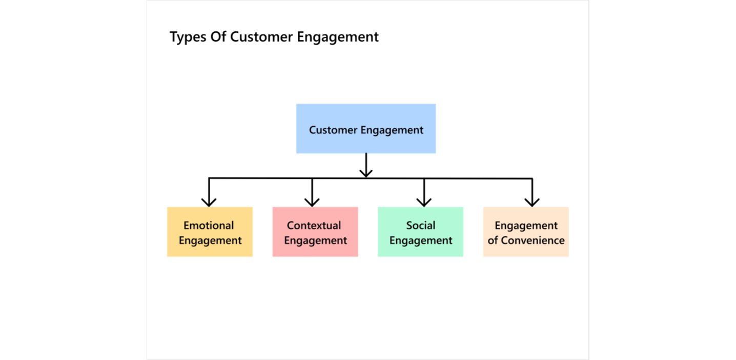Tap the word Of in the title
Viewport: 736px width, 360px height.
point(219,37)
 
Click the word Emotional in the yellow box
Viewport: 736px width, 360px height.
point(209,226)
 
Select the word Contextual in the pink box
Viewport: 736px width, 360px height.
point(314,226)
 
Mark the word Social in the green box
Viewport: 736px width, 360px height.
point(420,226)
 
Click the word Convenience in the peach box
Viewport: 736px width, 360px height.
point(533,241)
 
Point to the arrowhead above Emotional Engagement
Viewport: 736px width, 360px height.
point(209,201)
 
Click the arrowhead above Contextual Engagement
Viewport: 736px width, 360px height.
point(312,201)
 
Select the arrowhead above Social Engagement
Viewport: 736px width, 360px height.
point(424,201)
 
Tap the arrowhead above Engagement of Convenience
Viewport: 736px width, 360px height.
point(532,201)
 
